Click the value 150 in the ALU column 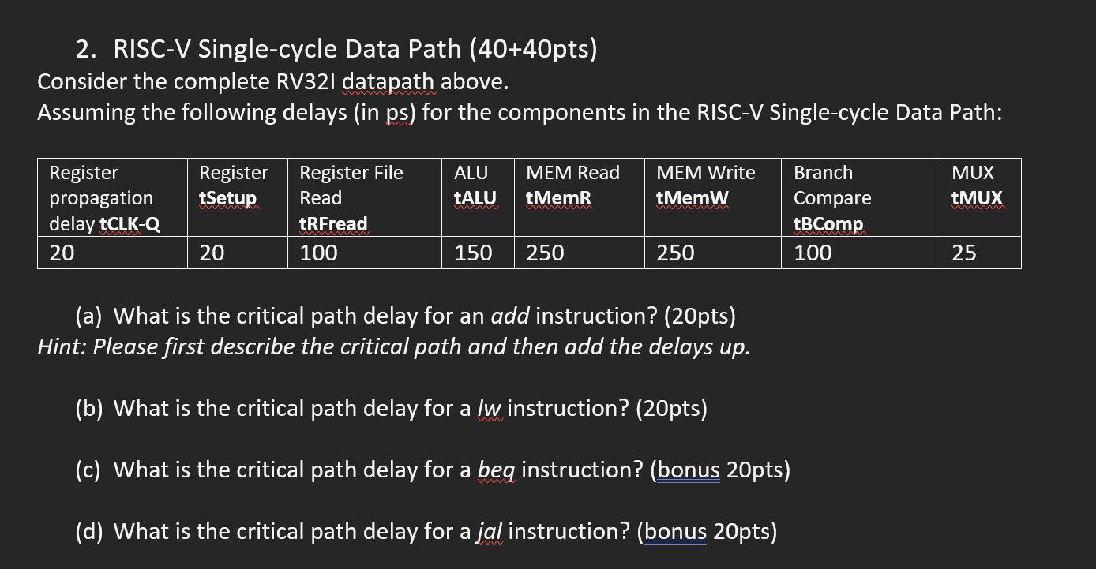coord(473,253)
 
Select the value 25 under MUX coord(963,253)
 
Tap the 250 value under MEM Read coord(545,253)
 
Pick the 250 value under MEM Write coord(675,253)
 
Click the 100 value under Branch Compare coord(813,253)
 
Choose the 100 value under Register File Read coord(318,253)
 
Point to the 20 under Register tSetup coord(212,253)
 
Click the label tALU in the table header coord(475,197)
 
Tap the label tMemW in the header coord(693,197)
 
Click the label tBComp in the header coord(828,224)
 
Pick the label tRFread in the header coord(333,224)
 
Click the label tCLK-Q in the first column coord(129,224)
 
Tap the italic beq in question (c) coord(497,470)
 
